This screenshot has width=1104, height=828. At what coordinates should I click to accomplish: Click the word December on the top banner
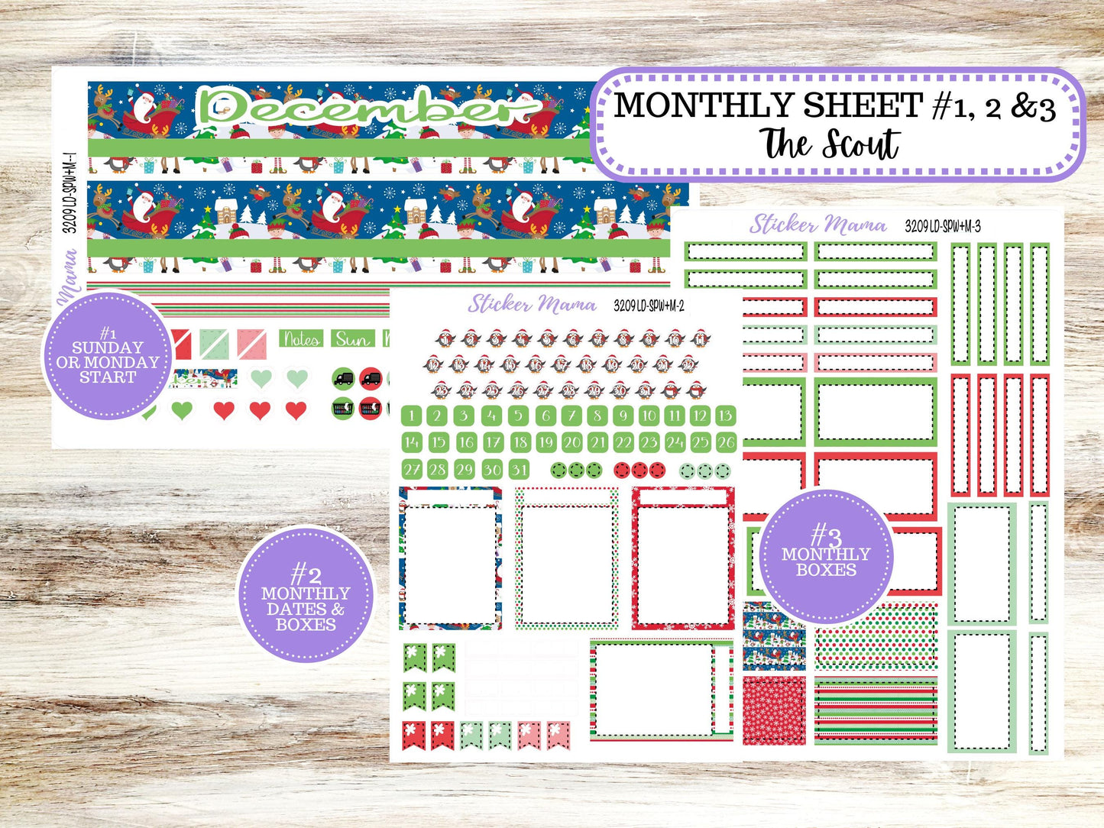(x=367, y=109)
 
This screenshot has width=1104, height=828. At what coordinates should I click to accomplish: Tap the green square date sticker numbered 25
(x=700, y=442)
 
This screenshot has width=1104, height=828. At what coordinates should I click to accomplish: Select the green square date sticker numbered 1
(x=412, y=416)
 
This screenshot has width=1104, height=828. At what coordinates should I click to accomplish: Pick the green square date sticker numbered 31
(x=520, y=470)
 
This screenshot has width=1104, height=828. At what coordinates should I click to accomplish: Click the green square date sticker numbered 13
(x=725, y=416)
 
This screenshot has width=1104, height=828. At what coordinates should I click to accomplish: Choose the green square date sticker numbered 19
(x=546, y=442)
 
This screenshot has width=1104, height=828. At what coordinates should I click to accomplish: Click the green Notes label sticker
(x=301, y=338)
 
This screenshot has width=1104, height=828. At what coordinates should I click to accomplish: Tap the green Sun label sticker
(x=352, y=338)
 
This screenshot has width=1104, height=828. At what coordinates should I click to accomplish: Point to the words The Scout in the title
(x=830, y=144)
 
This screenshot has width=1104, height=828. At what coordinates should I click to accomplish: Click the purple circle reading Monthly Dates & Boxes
(x=306, y=594)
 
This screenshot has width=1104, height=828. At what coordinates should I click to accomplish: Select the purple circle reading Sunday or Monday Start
(x=107, y=355)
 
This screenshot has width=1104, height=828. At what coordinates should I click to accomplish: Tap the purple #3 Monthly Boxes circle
(x=826, y=555)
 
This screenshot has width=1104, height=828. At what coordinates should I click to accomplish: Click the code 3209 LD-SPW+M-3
(x=942, y=226)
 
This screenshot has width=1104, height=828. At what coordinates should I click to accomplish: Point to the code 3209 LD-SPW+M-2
(x=649, y=306)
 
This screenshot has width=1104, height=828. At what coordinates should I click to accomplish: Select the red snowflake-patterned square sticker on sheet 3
(x=774, y=710)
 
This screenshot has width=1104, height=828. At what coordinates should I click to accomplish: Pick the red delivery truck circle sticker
(x=371, y=378)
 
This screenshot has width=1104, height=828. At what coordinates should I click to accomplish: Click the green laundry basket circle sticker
(x=343, y=409)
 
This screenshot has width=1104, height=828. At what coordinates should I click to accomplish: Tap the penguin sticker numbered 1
(x=445, y=338)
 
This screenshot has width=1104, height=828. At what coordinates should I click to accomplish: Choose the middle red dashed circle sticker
(x=639, y=470)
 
